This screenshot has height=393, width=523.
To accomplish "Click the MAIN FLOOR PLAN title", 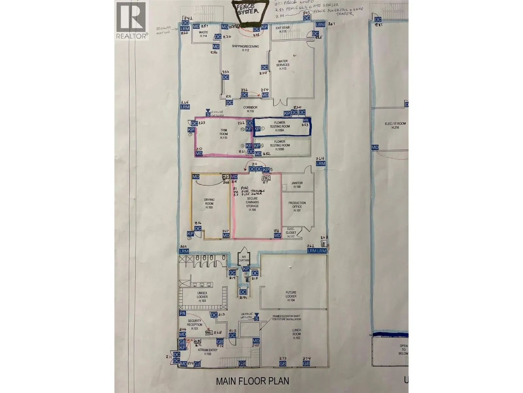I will tap(253, 381).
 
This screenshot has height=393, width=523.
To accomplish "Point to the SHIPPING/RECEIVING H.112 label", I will tap(245, 48).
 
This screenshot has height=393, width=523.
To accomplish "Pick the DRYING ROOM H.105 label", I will tap(209, 203).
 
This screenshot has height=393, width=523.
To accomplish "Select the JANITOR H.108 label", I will tap(297, 185).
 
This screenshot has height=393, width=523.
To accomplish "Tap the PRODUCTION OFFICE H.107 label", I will tap(297, 207).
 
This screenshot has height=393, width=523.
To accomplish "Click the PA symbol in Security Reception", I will tap(182, 313).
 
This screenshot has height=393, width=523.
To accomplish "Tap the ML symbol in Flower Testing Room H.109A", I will tap(305, 121).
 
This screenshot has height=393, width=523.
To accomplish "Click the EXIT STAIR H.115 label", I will tap(281, 30).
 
